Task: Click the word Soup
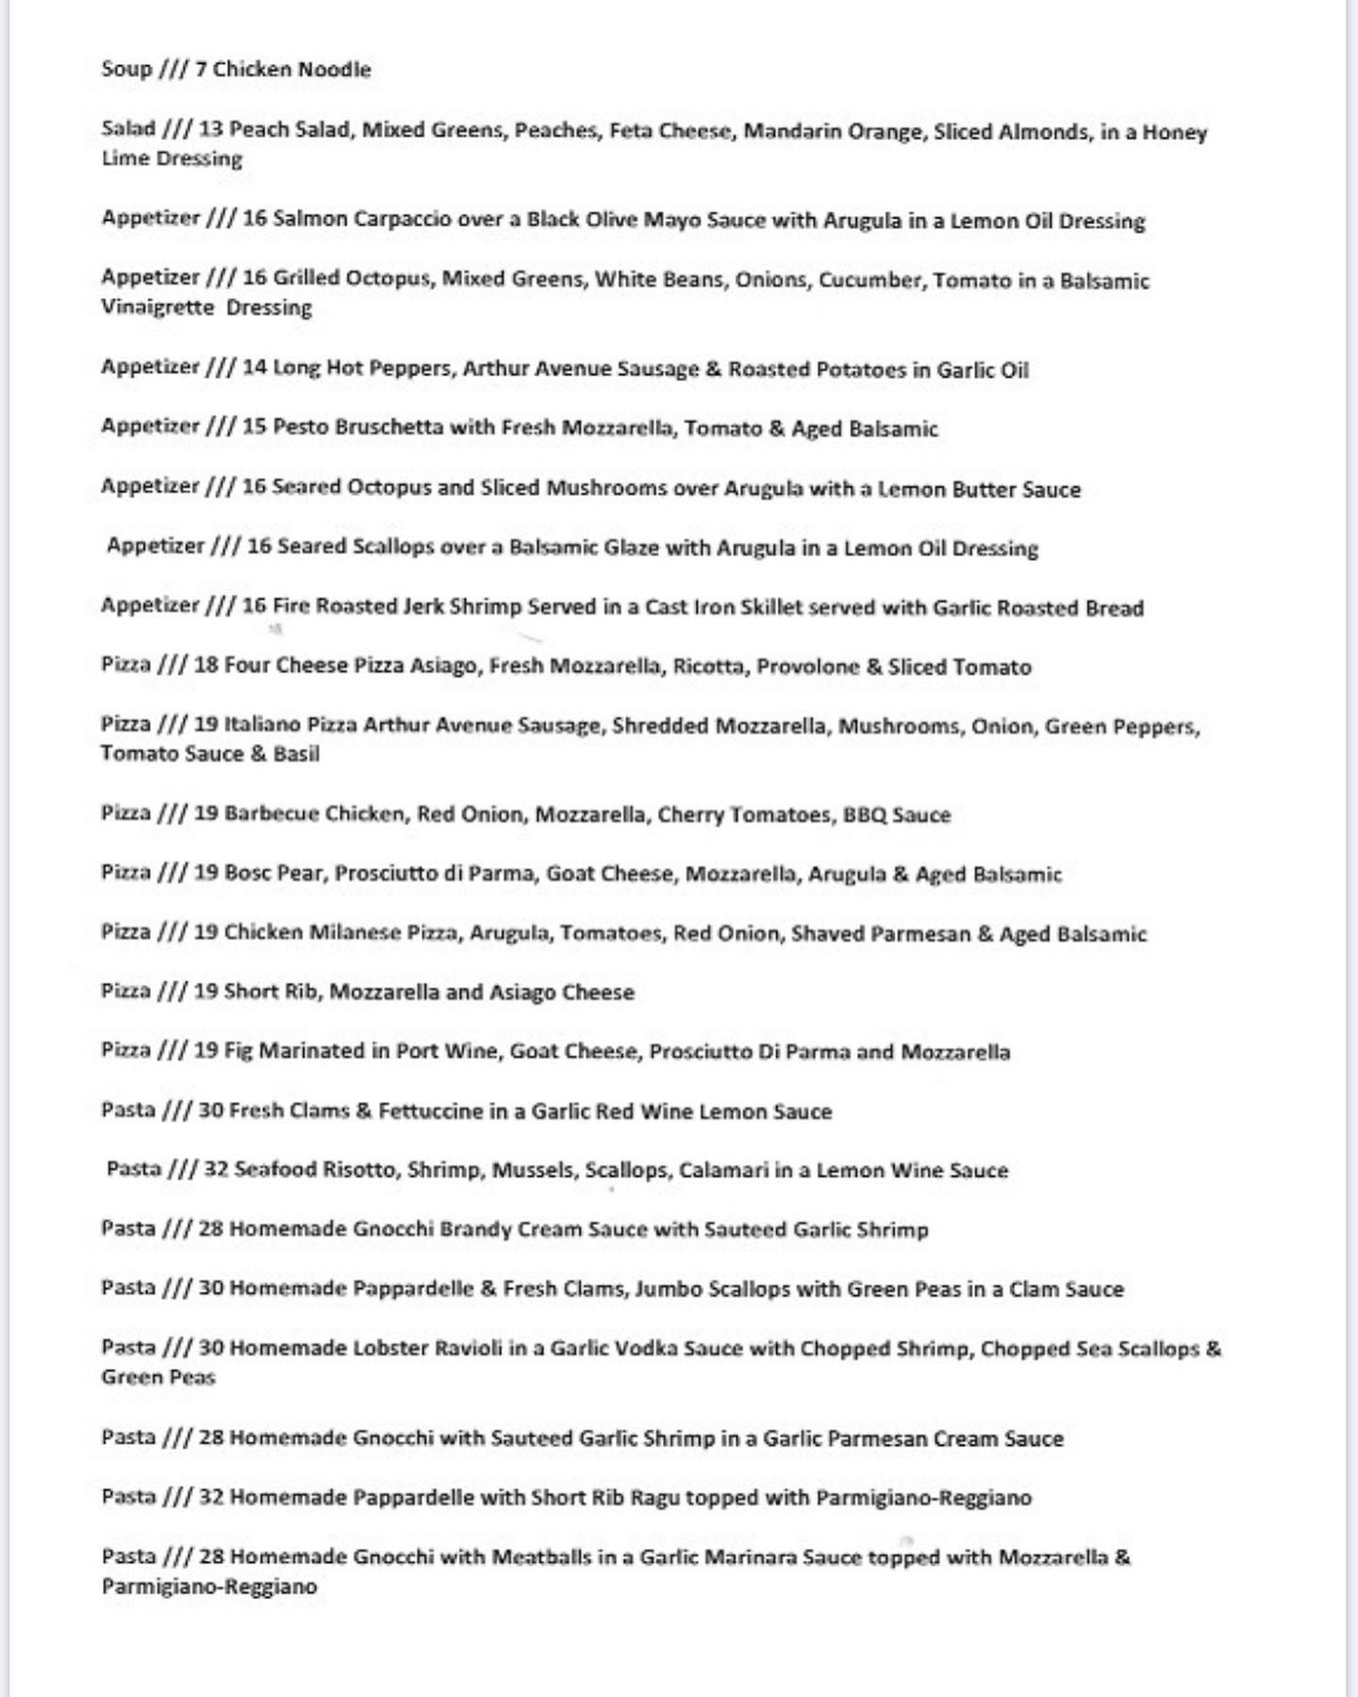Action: [x=126, y=69]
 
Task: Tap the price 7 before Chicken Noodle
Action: [x=201, y=69]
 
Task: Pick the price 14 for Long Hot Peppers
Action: [x=255, y=368]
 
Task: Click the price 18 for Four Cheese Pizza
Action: [x=206, y=666]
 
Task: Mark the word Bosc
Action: [x=247, y=873]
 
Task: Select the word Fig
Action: [x=239, y=1050]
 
